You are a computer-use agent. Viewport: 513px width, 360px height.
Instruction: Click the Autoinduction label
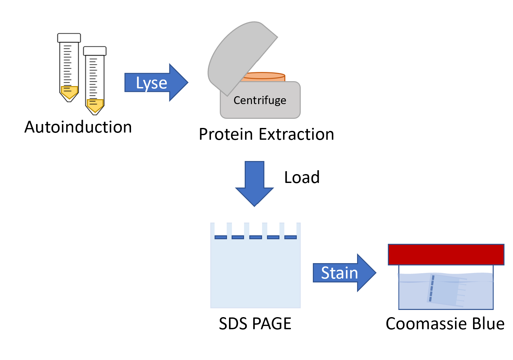pos(78,127)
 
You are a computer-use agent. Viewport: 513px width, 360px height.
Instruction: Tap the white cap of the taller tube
pos(69,38)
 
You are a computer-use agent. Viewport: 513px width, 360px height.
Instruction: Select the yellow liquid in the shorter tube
pos(95,105)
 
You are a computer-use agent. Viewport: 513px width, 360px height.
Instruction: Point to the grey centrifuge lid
pos(239,56)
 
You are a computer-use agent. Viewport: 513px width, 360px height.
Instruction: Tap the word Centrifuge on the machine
pos(260,100)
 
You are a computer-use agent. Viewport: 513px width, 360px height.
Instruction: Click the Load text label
pos(302,177)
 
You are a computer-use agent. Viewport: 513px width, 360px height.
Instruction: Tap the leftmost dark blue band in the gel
pos(220,237)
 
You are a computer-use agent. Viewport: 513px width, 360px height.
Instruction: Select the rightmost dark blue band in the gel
pos(290,237)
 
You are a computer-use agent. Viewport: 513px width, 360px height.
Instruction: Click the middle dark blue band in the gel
pos(256,237)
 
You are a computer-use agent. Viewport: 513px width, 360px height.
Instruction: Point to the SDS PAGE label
pos(255,324)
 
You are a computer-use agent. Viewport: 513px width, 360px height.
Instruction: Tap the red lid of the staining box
pos(446,254)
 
